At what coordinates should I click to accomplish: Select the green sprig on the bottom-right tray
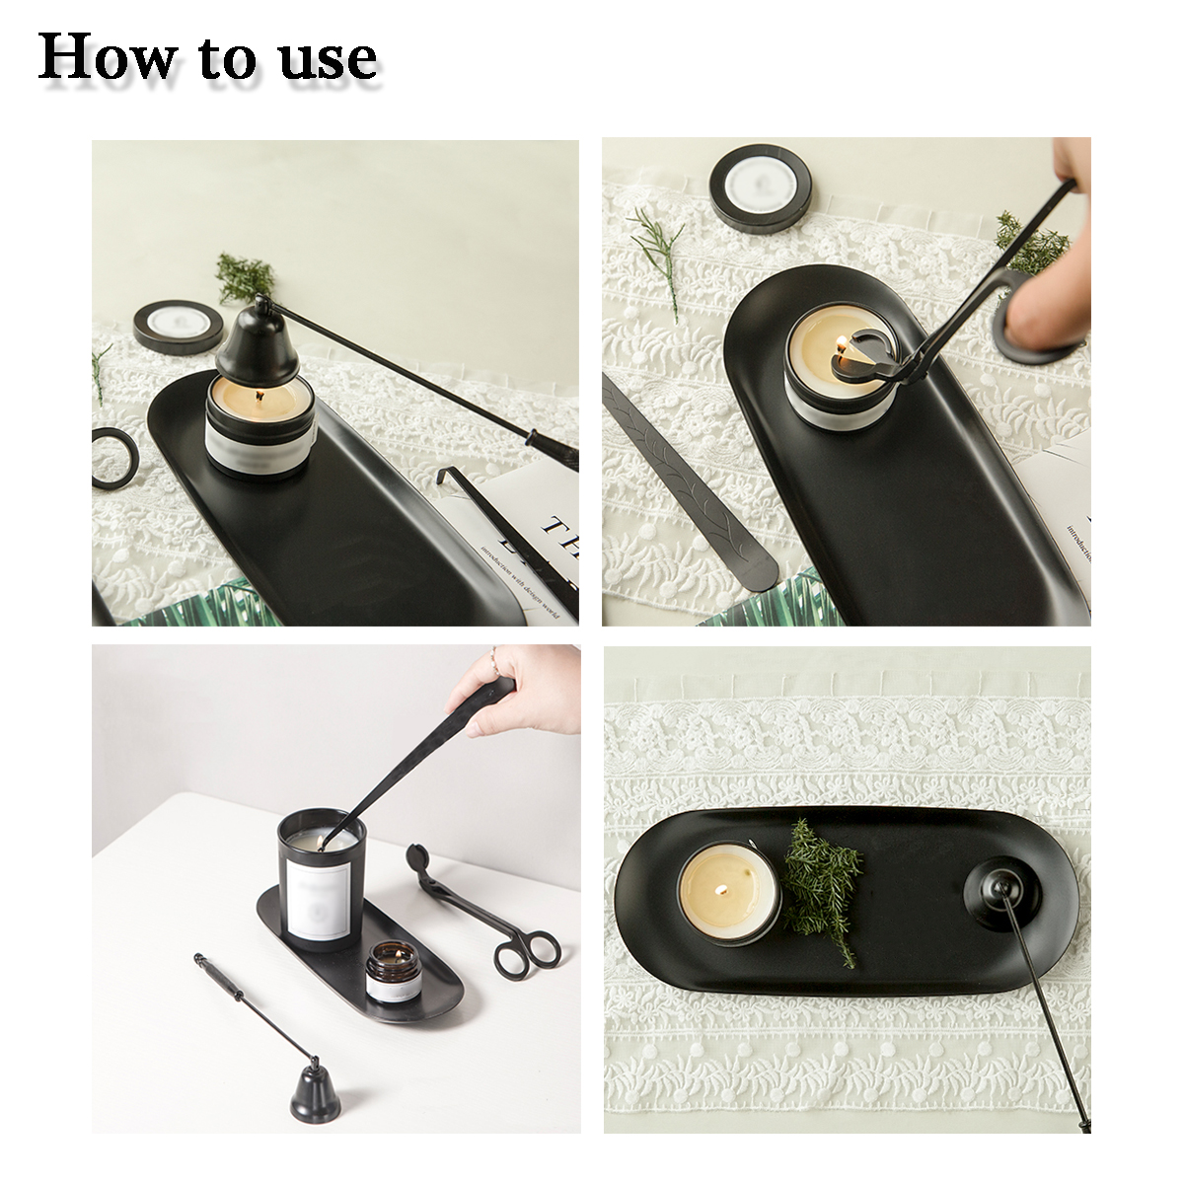tap(823, 883)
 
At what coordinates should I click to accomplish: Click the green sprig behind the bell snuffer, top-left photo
tap(244, 275)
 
